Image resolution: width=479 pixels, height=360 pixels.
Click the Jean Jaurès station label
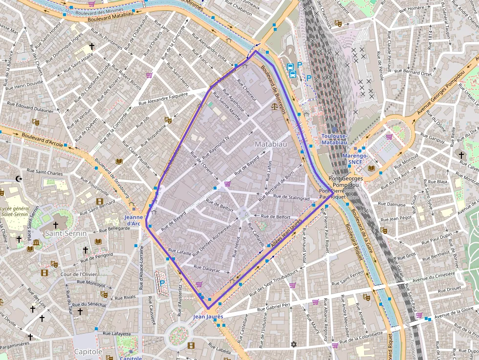pos(208,317)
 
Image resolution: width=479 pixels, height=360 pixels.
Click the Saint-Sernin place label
pos(65,233)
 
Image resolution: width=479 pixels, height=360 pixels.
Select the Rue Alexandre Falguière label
pos(163,98)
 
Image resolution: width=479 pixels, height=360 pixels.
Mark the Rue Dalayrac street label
pos(207,269)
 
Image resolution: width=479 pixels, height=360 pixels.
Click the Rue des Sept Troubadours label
pos(274,283)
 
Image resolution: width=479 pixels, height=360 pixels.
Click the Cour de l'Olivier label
pos(79,274)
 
